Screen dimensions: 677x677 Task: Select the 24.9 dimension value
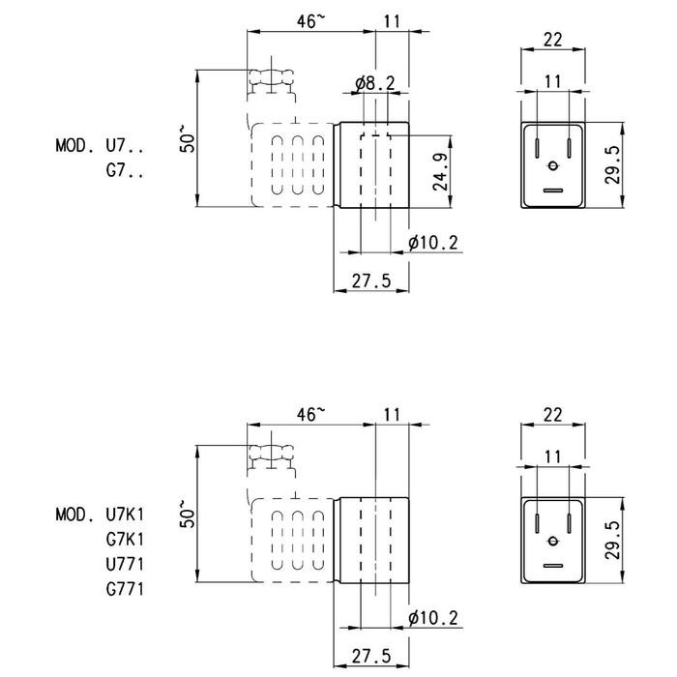(438, 172)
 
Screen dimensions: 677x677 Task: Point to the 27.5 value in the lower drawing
(371, 656)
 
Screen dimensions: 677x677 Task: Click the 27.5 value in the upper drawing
(371, 280)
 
